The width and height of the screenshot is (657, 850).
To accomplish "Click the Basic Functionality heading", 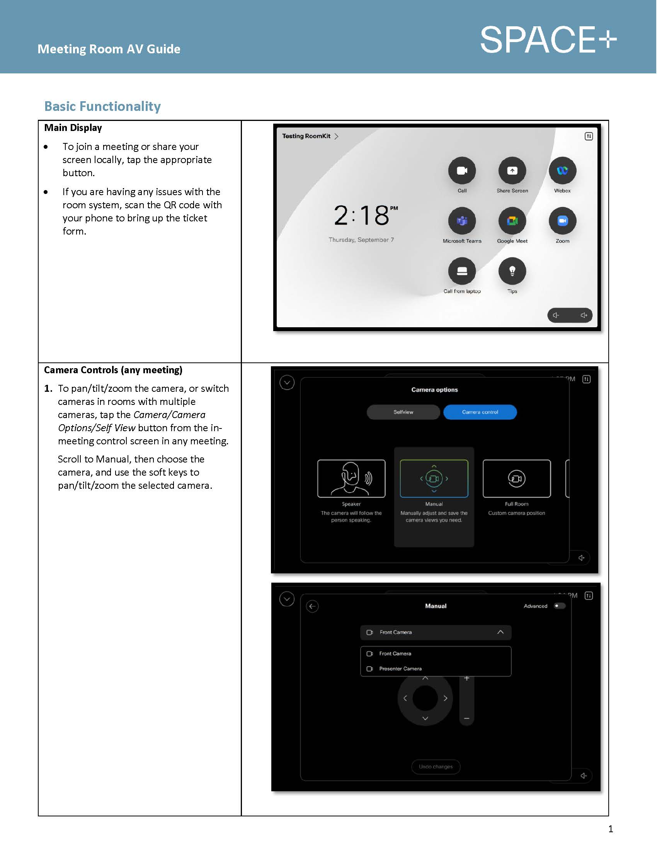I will (x=102, y=106).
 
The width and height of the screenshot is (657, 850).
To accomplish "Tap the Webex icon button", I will (x=562, y=170).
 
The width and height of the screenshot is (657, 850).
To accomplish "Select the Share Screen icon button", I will (x=512, y=170).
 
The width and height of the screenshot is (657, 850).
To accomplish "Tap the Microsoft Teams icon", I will (x=461, y=221).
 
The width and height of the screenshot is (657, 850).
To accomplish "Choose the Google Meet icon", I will (x=512, y=221).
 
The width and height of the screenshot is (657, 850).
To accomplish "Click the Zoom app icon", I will (x=562, y=221).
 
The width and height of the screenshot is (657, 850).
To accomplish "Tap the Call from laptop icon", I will (x=461, y=271).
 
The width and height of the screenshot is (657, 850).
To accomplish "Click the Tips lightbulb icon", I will (x=512, y=271).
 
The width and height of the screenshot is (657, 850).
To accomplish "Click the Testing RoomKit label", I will (x=306, y=136).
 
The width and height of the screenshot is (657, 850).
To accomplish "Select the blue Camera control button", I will (x=480, y=412).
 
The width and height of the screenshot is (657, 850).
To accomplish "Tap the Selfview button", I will (x=403, y=412).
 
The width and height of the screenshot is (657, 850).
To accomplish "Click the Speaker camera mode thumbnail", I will (x=351, y=478).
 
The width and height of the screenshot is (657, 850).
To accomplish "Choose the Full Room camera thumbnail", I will (x=516, y=478).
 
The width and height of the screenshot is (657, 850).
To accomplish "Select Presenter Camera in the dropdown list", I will (x=400, y=669).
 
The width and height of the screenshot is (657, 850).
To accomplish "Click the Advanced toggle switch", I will (x=559, y=606).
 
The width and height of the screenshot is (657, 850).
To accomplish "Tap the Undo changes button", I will (x=436, y=767).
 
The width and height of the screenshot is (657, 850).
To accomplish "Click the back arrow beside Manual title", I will (x=312, y=606).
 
